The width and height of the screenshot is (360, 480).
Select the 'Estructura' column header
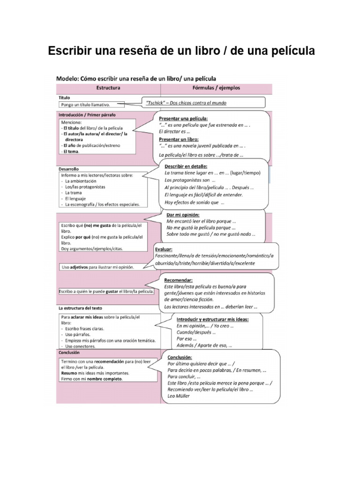[108, 88]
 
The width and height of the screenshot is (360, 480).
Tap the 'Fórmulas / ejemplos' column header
[216, 88]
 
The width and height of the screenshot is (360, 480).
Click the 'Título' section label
[64, 97]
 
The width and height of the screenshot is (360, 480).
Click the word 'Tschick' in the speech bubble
[158, 102]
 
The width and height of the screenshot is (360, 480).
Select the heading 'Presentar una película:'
[183, 119]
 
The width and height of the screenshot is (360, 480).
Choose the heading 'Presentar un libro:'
[179, 139]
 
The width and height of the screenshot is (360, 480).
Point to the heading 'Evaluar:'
[164, 249]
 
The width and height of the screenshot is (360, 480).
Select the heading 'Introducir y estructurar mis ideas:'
[212, 319]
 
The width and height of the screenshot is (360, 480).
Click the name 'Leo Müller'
[179, 396]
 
